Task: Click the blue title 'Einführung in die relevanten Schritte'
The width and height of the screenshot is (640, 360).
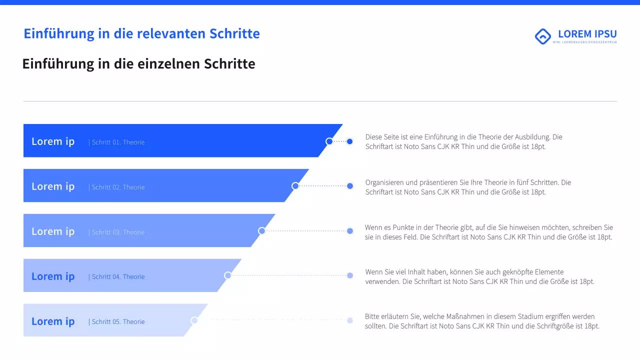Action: click(x=141, y=33)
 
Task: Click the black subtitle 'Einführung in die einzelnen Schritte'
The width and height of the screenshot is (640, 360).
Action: click(x=138, y=64)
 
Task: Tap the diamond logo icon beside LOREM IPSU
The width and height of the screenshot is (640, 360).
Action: click(x=542, y=36)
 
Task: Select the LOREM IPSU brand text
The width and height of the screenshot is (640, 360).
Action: click(x=587, y=34)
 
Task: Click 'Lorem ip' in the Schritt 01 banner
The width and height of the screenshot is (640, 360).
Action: click(x=53, y=141)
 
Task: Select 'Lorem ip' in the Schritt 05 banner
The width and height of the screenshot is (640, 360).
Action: click(x=53, y=321)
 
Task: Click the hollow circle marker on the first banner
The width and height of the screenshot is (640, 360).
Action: click(x=329, y=141)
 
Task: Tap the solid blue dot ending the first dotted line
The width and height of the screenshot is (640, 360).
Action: click(x=350, y=141)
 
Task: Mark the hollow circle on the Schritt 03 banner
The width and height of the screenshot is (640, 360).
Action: click(x=261, y=231)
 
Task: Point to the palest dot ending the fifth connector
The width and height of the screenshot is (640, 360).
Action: click(x=350, y=320)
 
